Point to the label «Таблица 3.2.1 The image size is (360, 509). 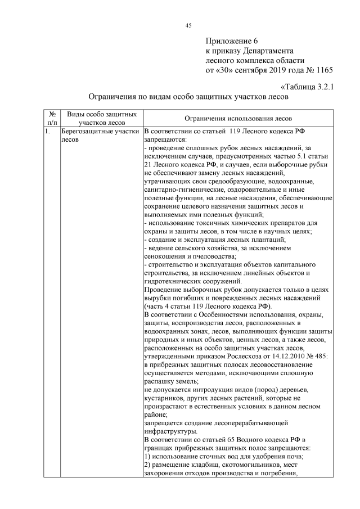click(307, 87)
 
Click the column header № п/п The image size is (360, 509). click(52, 118)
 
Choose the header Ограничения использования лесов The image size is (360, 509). click(238, 119)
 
